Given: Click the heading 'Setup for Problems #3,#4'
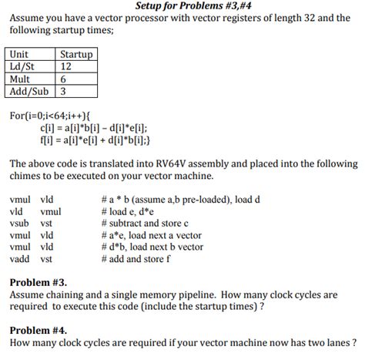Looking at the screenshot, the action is pos(182,6).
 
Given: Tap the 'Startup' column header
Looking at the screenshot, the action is pos(75,55).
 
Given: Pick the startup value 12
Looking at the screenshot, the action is pos(66,66).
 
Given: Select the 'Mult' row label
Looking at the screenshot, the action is pos(22,79).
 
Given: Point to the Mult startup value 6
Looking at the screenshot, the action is pos(63,79).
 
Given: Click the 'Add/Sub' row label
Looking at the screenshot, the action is pos(28,91).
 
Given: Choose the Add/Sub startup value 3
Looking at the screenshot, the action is pos(63,91).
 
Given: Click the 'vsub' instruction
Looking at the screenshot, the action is pos(19,224).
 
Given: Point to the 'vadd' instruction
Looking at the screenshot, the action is pos(19,261).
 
